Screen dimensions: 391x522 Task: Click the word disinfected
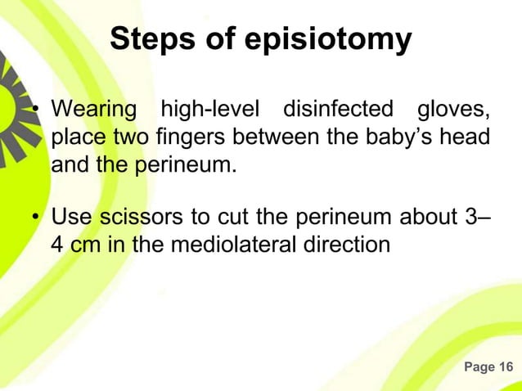[x=339, y=109]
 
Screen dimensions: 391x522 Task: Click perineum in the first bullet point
[x=184, y=165]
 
